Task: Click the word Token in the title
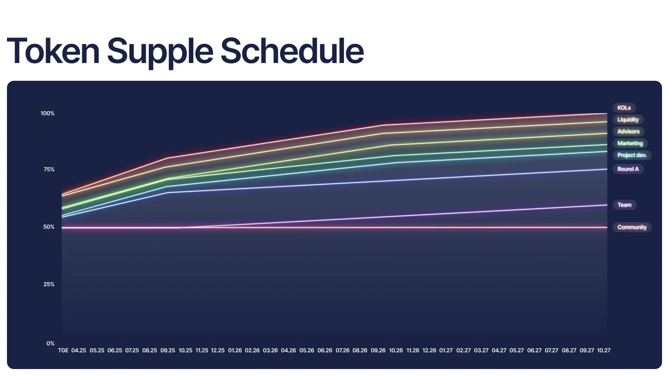tap(53, 51)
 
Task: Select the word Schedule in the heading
tap(292, 51)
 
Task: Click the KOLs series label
tap(624, 108)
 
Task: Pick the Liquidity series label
tap(628, 120)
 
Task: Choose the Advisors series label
tap(628, 132)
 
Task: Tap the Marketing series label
tap(630, 143)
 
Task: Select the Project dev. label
tap(632, 155)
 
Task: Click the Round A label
tap(628, 169)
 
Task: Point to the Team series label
tap(624, 205)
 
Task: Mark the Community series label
tap(632, 227)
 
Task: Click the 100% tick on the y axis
tap(47, 113)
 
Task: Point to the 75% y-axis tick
tap(49, 170)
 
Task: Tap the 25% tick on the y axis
tap(49, 284)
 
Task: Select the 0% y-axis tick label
tap(51, 344)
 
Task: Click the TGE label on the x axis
tap(63, 351)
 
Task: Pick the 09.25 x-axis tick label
tap(168, 351)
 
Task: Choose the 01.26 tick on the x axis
tap(235, 351)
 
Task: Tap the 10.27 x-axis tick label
tap(604, 351)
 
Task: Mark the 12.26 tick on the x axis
tap(429, 351)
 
